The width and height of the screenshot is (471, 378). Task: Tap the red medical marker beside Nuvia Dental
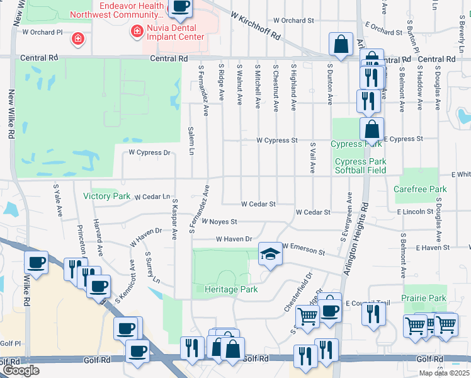[x=135, y=30]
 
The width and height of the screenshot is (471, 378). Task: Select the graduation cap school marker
[x=270, y=254]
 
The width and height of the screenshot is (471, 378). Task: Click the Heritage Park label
[x=232, y=289]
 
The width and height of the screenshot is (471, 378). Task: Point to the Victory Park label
[x=106, y=196]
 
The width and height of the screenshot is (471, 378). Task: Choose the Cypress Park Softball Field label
[x=361, y=166]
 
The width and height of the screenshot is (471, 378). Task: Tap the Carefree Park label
[x=420, y=189]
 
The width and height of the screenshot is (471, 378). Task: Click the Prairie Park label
[x=424, y=298]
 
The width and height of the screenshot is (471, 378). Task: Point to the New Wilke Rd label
[x=11, y=114]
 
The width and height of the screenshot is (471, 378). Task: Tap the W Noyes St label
[x=219, y=222]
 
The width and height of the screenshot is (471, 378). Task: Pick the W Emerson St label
[x=304, y=249]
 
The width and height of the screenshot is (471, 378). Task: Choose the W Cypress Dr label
[x=149, y=152]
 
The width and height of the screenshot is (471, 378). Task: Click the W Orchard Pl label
[x=43, y=31]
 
